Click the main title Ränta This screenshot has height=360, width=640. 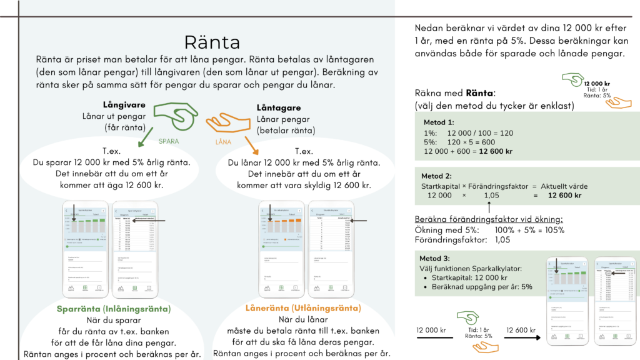point(212,42)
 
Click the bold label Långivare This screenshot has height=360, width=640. point(125,104)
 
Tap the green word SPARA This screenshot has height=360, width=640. point(168,141)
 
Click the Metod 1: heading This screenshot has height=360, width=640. point(438,123)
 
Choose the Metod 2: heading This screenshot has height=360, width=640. point(436,176)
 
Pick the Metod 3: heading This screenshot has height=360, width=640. point(434,258)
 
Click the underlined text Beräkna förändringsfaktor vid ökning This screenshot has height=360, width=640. point(488,219)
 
